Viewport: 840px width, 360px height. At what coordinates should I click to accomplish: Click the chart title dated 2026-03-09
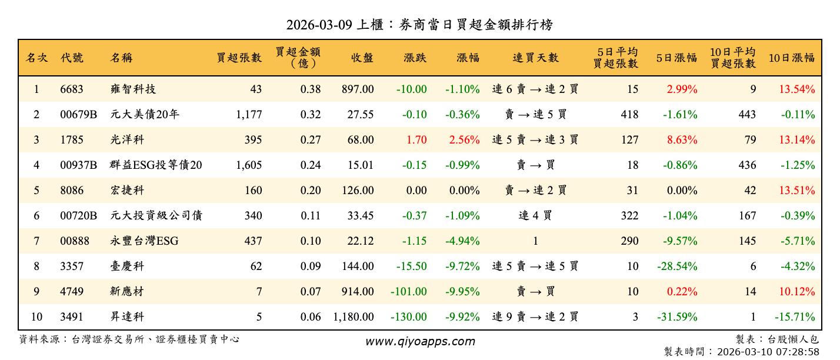(419, 25)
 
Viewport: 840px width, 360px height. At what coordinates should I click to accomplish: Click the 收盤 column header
(362, 58)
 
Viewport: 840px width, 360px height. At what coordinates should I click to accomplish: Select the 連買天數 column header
(535, 58)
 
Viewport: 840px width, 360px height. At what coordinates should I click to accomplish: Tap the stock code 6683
(72, 89)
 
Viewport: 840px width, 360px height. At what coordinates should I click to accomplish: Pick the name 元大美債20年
(145, 115)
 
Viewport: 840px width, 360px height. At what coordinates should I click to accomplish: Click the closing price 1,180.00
(353, 317)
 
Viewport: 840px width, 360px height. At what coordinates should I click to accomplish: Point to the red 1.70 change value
(416, 140)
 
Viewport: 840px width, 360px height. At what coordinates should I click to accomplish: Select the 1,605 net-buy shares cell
(249, 165)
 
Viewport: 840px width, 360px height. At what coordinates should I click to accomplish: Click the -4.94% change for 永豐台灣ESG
(462, 241)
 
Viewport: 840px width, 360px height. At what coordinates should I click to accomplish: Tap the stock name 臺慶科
(127, 266)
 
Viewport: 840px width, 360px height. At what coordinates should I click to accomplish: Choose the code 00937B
(78, 165)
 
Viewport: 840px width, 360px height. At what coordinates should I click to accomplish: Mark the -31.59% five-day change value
(676, 317)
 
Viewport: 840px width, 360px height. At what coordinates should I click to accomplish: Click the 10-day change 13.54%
(797, 89)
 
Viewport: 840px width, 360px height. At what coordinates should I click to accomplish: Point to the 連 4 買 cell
(535, 216)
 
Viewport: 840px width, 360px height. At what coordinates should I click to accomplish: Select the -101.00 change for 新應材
(408, 292)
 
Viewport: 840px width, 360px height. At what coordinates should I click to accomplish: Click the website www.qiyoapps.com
(419, 342)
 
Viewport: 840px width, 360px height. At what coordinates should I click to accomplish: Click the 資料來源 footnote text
(129, 339)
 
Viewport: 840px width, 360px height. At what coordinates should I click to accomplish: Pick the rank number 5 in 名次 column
(36, 191)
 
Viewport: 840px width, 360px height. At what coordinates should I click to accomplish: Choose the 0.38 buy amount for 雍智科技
(311, 89)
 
